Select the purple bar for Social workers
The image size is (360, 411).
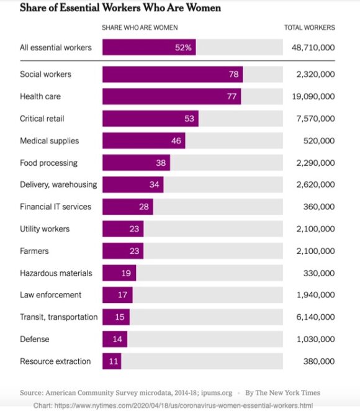[x=172, y=75]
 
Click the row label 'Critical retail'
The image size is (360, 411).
[x=42, y=119]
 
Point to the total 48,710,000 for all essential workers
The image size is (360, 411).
[x=313, y=47]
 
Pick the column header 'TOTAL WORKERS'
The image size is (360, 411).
[x=309, y=27]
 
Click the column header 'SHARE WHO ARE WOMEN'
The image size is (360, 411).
[x=140, y=27]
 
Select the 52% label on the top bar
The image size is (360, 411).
[x=183, y=47]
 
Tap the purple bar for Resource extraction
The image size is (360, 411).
[x=112, y=361]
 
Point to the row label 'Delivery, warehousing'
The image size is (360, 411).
[x=58, y=184]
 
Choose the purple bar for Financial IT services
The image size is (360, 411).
[x=127, y=207]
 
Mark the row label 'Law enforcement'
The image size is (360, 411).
[x=51, y=295]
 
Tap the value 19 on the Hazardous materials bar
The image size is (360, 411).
[x=126, y=273]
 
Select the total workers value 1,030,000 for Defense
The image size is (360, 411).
[x=315, y=339]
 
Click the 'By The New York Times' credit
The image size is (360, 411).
[x=282, y=393]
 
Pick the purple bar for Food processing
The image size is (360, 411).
[x=136, y=163]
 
